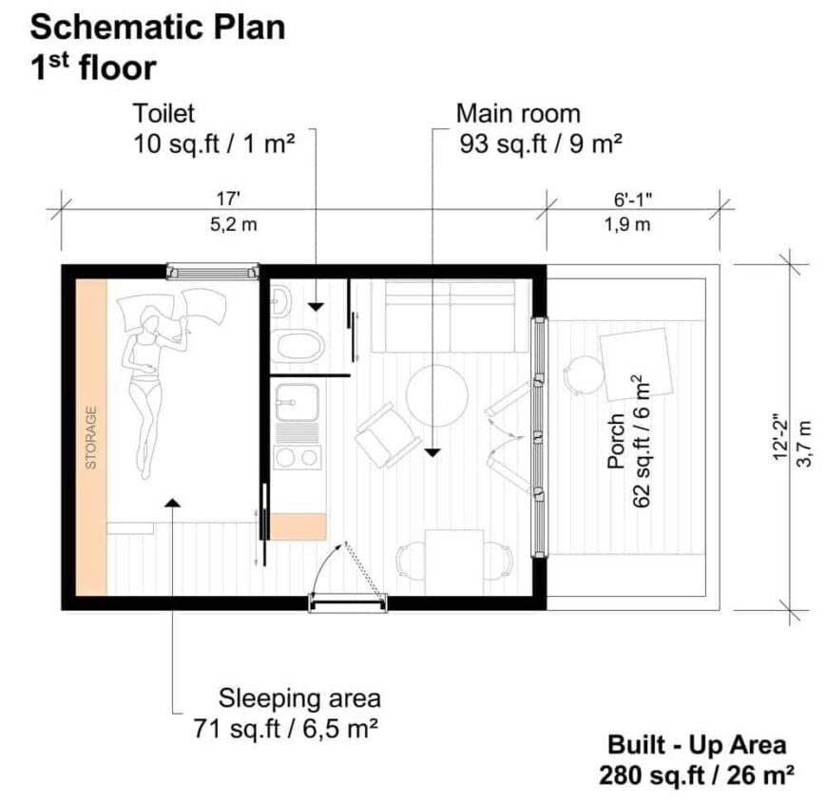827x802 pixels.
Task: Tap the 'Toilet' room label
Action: pos(164,114)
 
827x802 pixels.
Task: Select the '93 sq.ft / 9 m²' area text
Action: pos(539,144)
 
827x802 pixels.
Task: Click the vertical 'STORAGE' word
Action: pos(91,438)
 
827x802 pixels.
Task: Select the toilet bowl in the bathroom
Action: pos(301,346)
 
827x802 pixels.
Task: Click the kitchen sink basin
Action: pos(298,405)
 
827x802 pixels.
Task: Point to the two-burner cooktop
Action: pos(298,457)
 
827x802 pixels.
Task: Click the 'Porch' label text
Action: pos(616,441)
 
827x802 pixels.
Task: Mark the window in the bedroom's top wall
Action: pos(212,272)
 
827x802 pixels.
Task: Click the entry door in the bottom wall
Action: pos(348,601)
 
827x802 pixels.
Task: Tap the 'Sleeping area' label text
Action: pos(299,698)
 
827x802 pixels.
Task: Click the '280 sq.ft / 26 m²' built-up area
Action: pos(697,774)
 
